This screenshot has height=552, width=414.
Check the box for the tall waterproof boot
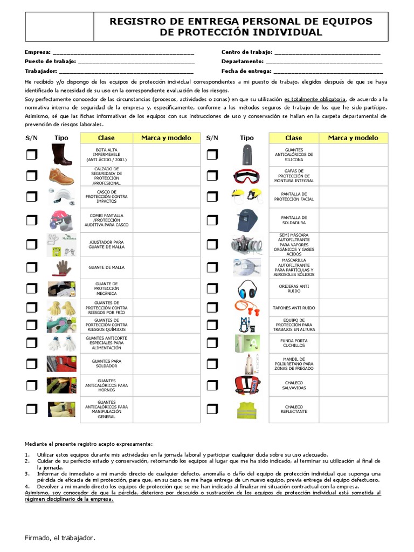(32, 155)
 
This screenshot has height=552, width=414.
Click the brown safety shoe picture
(61, 176)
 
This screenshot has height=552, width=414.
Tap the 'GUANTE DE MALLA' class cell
(106, 267)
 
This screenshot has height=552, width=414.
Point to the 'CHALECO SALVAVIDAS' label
(294, 386)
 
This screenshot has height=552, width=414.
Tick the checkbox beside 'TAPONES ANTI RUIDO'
(212, 308)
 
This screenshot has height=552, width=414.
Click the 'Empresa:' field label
(38, 52)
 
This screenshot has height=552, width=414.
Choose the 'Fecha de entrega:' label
(246, 71)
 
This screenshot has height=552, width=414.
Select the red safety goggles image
(246, 176)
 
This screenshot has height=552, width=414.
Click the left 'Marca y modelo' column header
(166, 138)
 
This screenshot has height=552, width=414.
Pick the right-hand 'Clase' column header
(294, 138)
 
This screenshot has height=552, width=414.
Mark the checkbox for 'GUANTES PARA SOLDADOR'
(32, 363)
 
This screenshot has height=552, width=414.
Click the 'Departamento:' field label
(243, 61)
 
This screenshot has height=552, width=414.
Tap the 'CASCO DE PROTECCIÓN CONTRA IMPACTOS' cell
(106, 196)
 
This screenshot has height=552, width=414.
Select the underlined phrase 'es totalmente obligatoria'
(315, 100)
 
